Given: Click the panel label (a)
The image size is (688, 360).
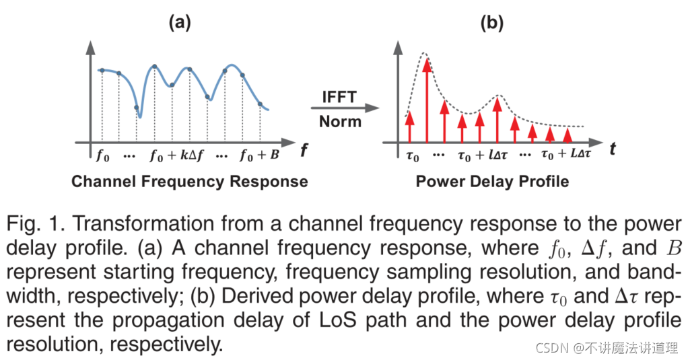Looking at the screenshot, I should [x=180, y=22].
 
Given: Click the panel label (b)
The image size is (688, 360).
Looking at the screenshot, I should [x=491, y=22].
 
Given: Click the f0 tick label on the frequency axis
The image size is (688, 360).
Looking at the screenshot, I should [x=102, y=156].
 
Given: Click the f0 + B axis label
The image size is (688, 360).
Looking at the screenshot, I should [x=259, y=156].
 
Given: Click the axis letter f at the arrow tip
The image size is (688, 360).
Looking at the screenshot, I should [x=305, y=151].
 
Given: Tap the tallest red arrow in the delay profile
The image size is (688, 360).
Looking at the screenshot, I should [x=426, y=94].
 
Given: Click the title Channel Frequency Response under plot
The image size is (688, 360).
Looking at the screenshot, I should [x=189, y=182].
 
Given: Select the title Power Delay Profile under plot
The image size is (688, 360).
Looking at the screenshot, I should [x=492, y=182].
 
